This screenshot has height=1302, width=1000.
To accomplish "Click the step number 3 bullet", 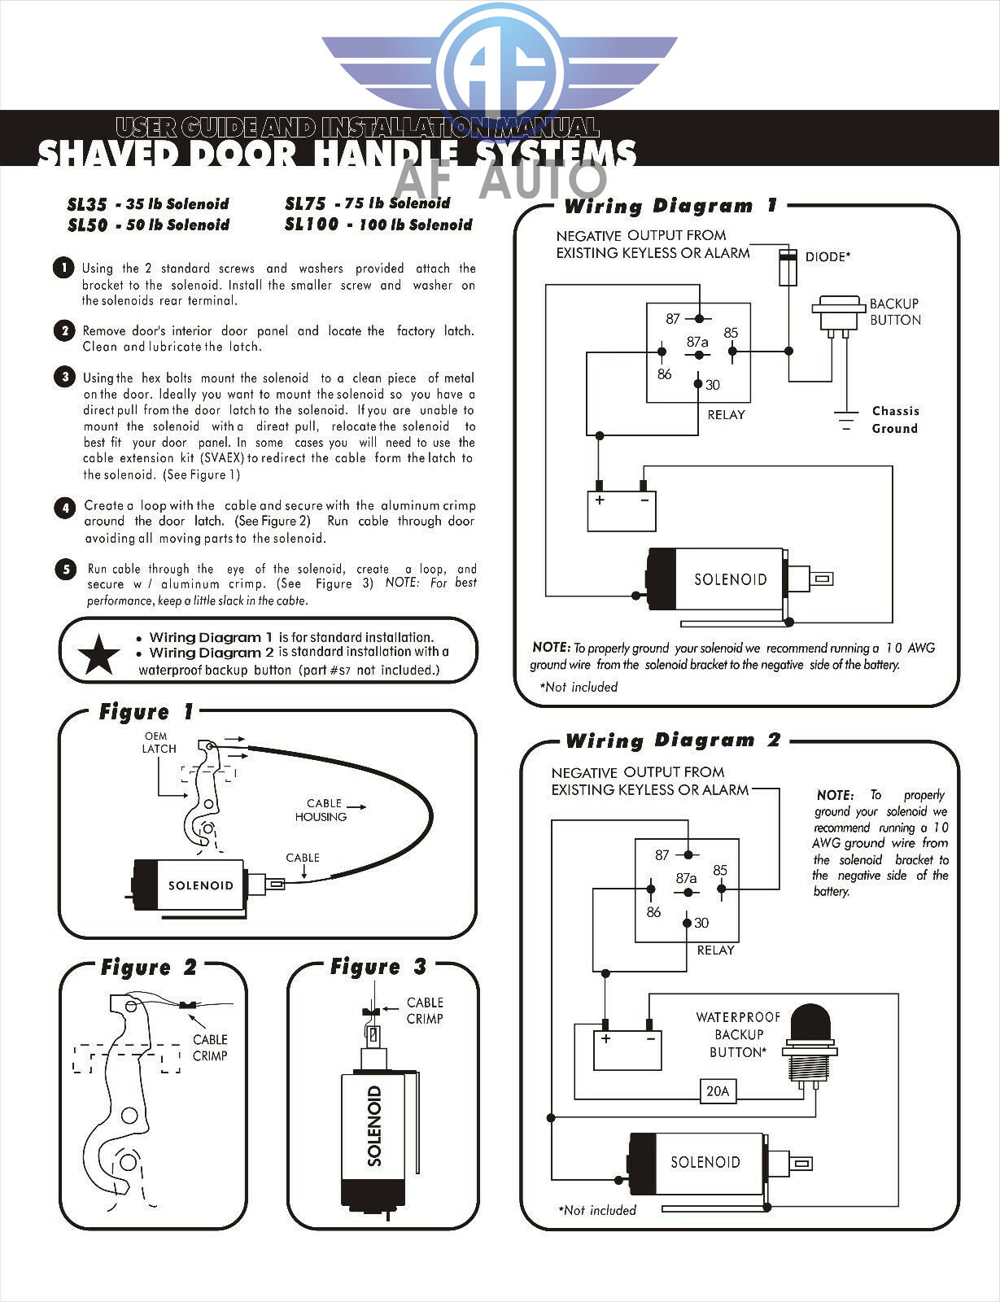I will pos(64,377).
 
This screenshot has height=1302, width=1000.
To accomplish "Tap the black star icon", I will pos(98,655).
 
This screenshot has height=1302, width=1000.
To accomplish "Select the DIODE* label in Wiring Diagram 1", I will pos(828,257).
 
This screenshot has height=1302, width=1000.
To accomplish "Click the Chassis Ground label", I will pos(895,420).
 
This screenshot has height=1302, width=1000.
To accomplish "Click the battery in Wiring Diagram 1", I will pos(622,510).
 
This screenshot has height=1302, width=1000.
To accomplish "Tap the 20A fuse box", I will pos(718,1091).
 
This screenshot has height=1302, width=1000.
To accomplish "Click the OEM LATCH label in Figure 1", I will pos(159,742).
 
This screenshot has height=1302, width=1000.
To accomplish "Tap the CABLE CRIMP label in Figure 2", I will pos(210,1047).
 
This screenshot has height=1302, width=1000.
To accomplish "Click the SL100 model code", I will pos(311,225).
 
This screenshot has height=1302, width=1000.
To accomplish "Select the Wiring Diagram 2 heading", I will pos(672,741).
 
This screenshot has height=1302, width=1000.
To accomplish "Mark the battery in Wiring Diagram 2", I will pos(627,1050).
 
